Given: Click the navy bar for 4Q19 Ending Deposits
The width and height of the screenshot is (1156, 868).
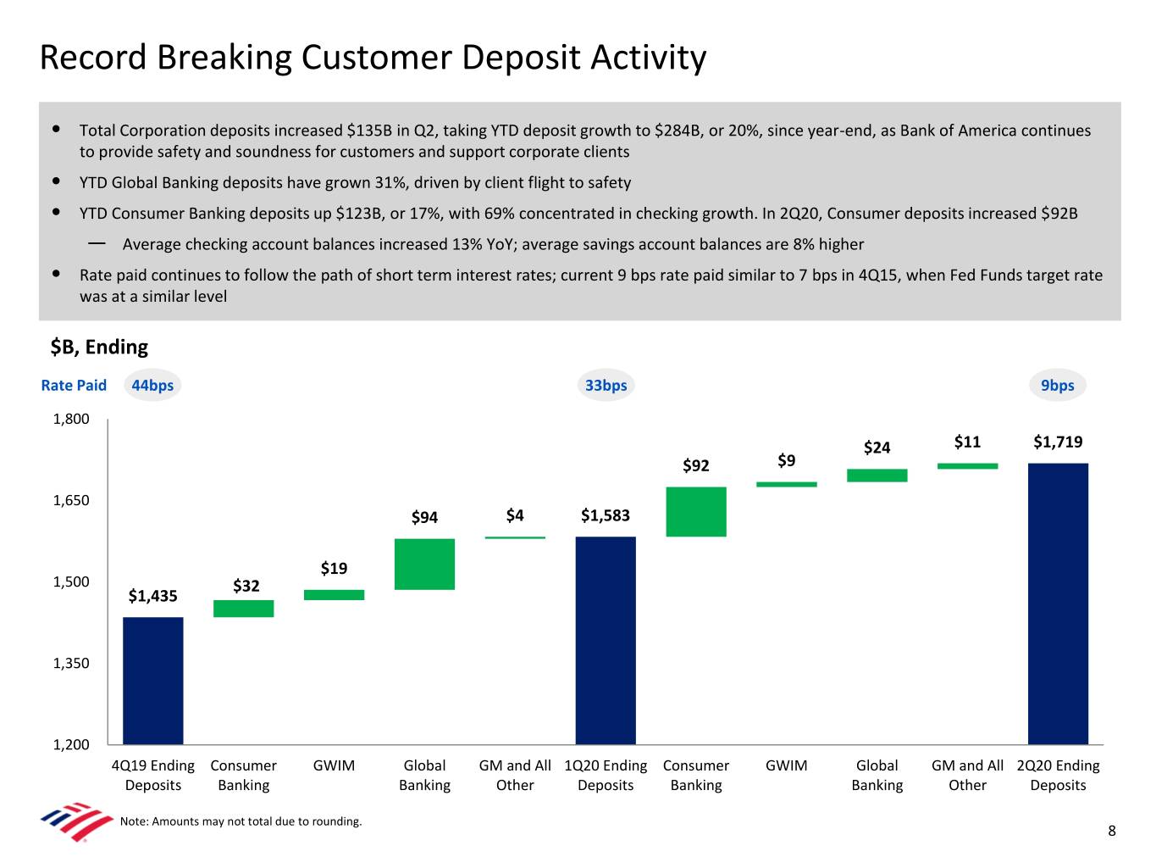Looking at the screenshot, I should tap(152, 681).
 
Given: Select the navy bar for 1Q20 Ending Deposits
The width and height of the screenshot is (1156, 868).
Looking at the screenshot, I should tap(606, 640).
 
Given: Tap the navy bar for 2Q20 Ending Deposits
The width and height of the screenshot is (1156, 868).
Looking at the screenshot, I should tap(1058, 604).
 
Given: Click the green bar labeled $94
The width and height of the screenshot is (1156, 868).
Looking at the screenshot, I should tap(424, 564).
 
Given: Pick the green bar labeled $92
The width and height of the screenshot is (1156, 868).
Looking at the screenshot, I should tap(696, 511).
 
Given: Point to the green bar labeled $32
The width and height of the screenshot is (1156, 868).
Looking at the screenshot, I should tap(244, 609).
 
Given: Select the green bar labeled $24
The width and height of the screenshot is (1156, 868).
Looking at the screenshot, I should tap(877, 476).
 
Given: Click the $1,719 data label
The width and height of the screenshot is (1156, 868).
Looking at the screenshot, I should tap(1058, 442).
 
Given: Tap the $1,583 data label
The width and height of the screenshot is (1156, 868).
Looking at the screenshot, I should tap(606, 515).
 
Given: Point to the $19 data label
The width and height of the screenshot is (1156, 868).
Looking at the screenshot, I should tap(334, 568).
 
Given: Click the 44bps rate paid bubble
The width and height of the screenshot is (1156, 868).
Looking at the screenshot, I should tap(152, 386).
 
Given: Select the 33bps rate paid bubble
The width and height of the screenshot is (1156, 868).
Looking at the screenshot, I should tap(606, 386).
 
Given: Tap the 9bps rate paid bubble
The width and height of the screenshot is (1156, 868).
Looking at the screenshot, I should tap(1058, 386).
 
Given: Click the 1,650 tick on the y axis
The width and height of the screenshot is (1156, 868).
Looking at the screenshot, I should tap(71, 500).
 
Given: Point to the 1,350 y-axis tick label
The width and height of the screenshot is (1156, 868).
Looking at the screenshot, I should tap(71, 663).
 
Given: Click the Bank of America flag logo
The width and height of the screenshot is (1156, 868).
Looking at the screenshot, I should tap(76, 821).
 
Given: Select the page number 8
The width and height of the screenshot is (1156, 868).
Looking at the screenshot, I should tap(1112, 831).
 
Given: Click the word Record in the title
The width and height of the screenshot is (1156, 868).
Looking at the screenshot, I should tap(94, 58).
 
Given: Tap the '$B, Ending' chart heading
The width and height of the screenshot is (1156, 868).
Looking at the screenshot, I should tap(99, 347).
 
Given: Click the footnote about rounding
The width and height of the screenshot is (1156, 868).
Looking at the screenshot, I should tap(241, 821).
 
